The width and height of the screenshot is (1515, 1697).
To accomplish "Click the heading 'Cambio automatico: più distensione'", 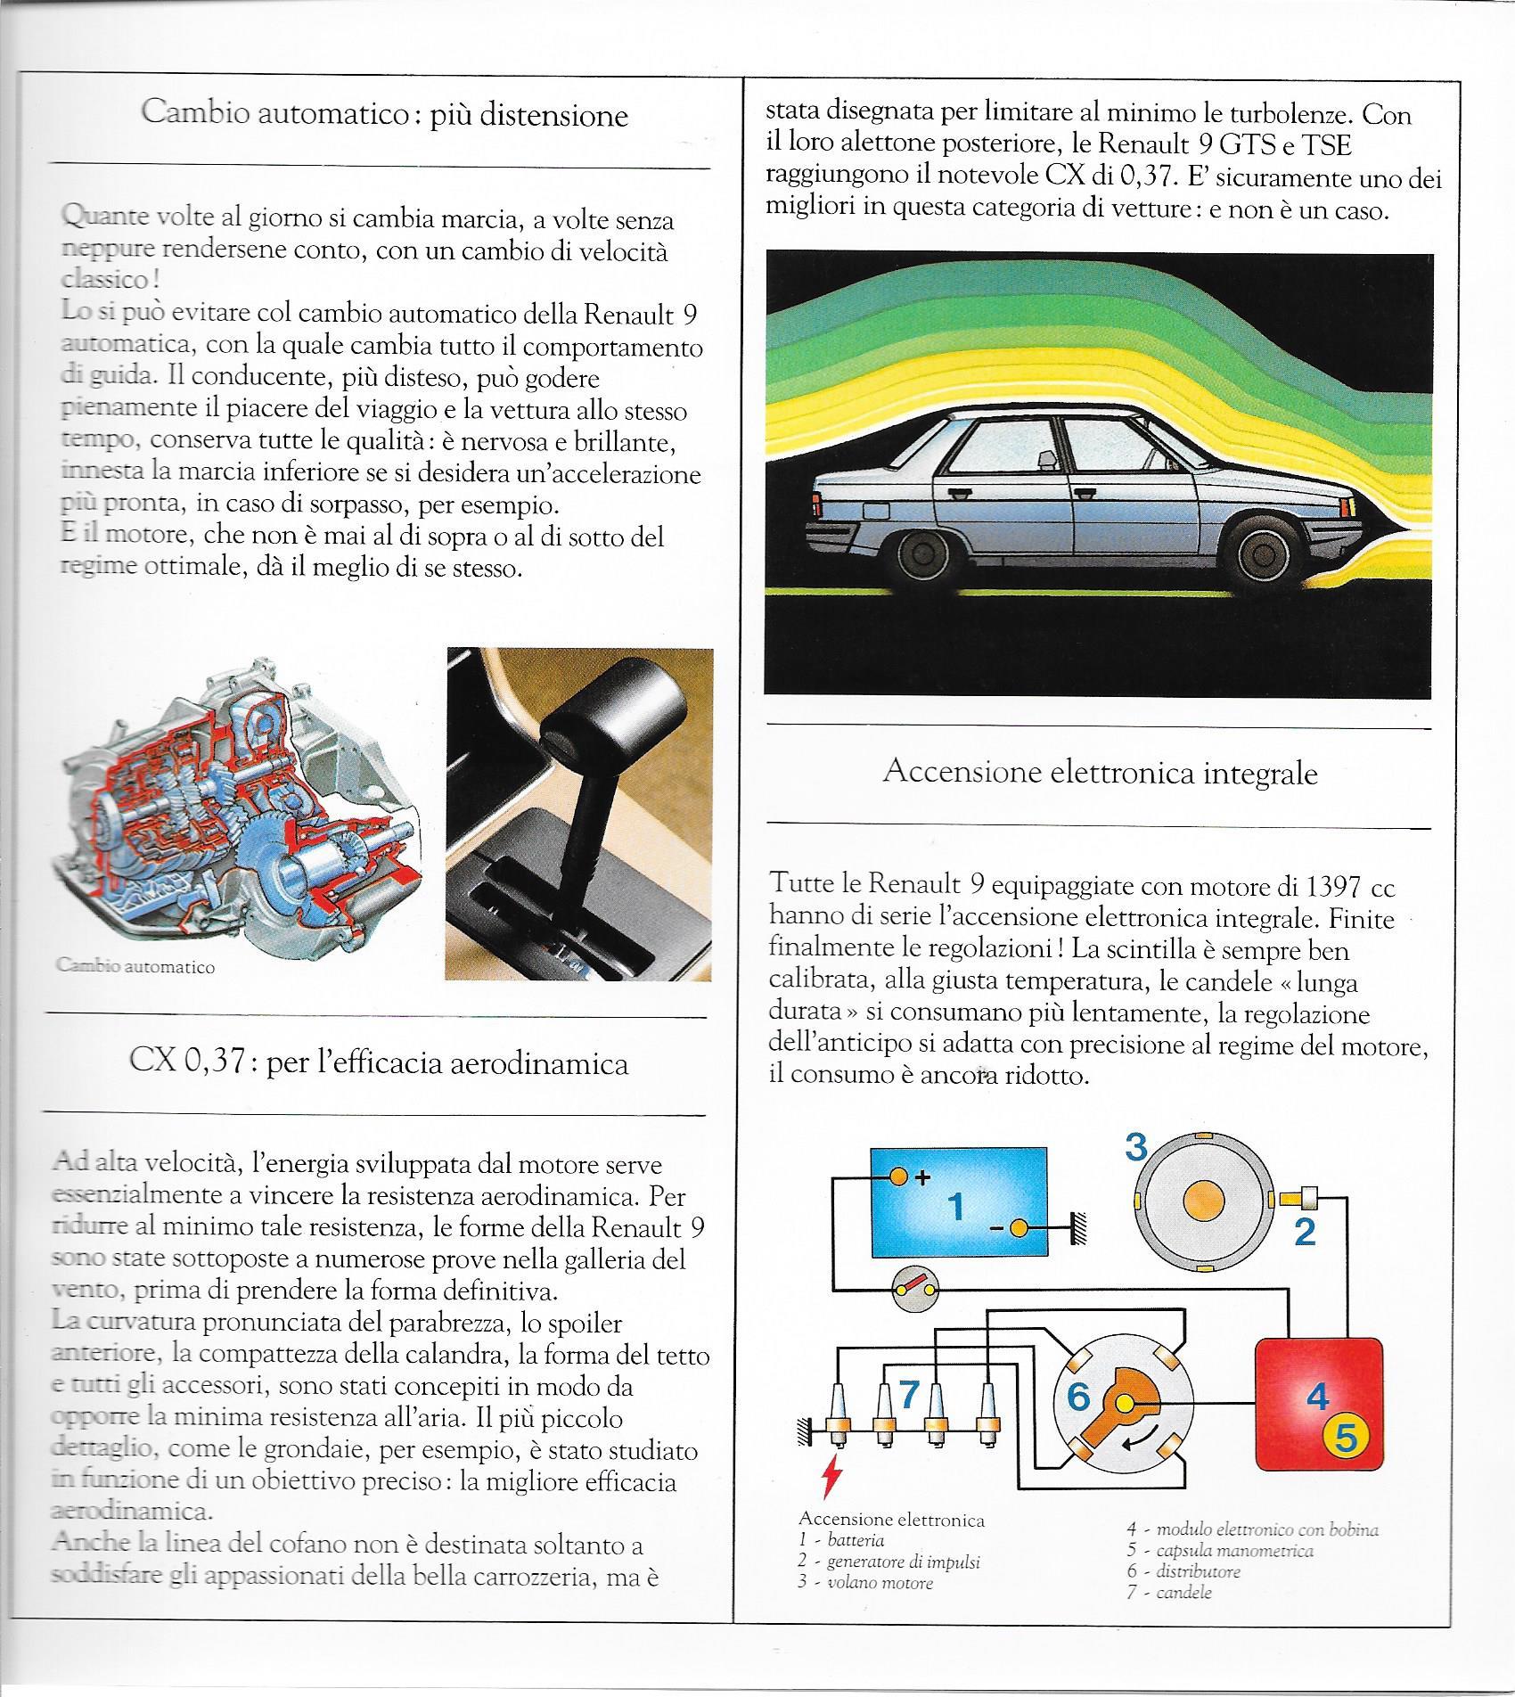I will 384,115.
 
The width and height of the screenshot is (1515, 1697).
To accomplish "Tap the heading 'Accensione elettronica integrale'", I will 1100,772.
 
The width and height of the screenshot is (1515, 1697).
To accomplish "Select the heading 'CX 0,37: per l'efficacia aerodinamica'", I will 379,1062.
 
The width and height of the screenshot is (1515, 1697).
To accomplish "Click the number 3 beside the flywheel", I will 1135,1147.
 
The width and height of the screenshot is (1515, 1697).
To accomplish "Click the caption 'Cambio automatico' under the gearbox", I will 135,966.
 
